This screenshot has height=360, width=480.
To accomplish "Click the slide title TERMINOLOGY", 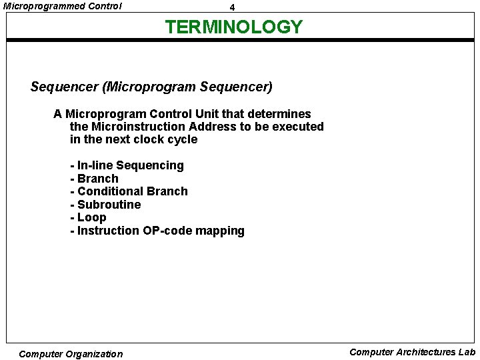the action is [233, 27].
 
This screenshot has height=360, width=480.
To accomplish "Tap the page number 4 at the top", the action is [232, 7].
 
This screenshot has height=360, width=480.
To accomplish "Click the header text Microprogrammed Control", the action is [63, 6].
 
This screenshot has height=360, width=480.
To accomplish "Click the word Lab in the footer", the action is [467, 352].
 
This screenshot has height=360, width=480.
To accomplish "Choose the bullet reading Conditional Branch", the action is [132, 191].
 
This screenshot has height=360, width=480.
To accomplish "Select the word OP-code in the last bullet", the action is [167, 231].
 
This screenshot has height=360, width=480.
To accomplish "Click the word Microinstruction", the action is [138, 127].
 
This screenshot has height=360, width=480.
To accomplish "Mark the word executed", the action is [299, 127].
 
